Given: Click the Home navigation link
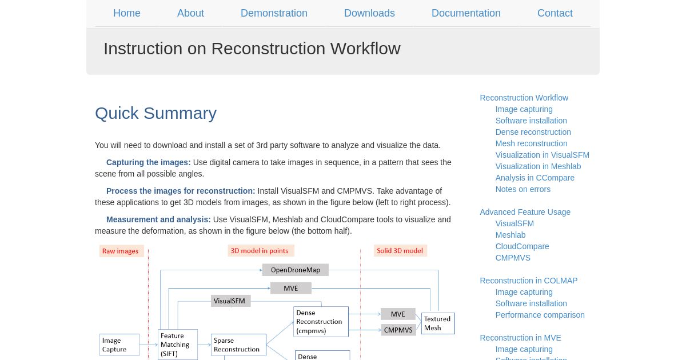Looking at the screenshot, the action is click(x=127, y=13).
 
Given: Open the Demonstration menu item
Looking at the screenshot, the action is click(x=274, y=13).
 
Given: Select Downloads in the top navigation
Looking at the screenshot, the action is click(x=369, y=13).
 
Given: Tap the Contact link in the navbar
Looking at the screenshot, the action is click(x=555, y=13).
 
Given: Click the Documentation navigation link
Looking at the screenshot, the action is click(x=466, y=13).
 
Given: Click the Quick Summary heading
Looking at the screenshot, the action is click(x=156, y=113).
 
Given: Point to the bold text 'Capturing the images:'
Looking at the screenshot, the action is click(x=149, y=162).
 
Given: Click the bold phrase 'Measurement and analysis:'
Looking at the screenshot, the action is click(x=158, y=219).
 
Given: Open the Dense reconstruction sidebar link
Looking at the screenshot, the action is click(x=533, y=132).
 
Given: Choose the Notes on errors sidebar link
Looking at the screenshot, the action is click(x=523, y=189).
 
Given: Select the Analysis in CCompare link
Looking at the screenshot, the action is click(x=535, y=178).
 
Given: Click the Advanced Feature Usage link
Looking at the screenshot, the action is click(x=525, y=212).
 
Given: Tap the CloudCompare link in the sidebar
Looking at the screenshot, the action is click(x=522, y=246).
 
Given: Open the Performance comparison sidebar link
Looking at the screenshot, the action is click(x=540, y=315).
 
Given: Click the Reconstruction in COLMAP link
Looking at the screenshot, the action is click(x=529, y=281).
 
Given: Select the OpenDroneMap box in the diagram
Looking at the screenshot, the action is click(x=296, y=270).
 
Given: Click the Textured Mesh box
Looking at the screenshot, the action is click(x=438, y=323).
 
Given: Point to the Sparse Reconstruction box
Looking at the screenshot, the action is click(x=238, y=345).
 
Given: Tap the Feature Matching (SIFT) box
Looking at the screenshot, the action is click(x=178, y=345).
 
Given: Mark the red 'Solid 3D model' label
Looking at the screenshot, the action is click(x=400, y=251).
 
